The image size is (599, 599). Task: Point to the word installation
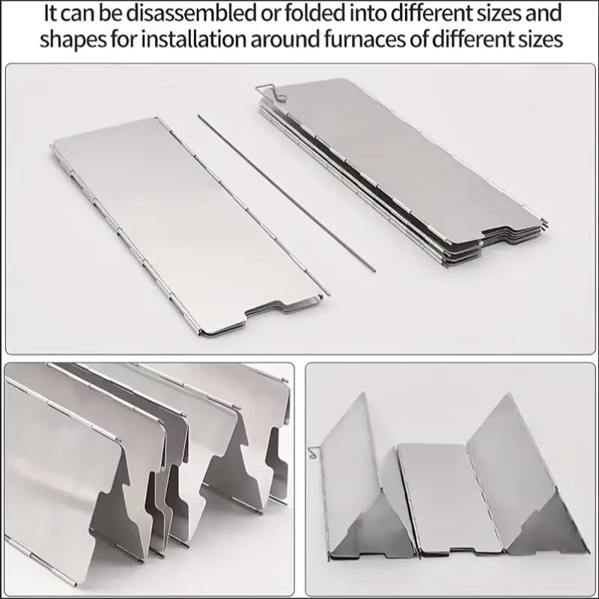199,39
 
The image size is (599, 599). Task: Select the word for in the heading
130,39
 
